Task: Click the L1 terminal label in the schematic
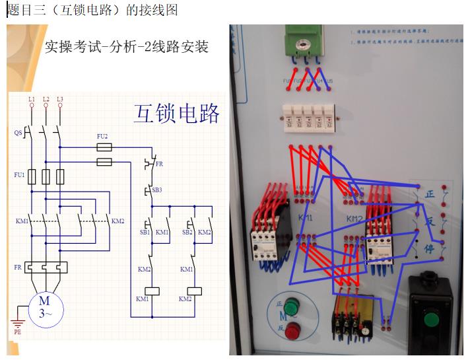click(31, 99)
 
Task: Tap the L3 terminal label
click(60, 99)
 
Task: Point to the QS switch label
click(18, 133)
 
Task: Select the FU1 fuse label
click(19, 175)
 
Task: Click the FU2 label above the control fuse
click(102, 136)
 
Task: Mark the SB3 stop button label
click(156, 190)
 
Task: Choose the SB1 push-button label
click(144, 233)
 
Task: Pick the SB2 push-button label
click(186, 233)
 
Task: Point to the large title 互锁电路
click(176, 113)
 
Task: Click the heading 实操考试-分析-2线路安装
click(126, 47)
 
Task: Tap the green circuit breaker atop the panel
click(305, 40)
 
